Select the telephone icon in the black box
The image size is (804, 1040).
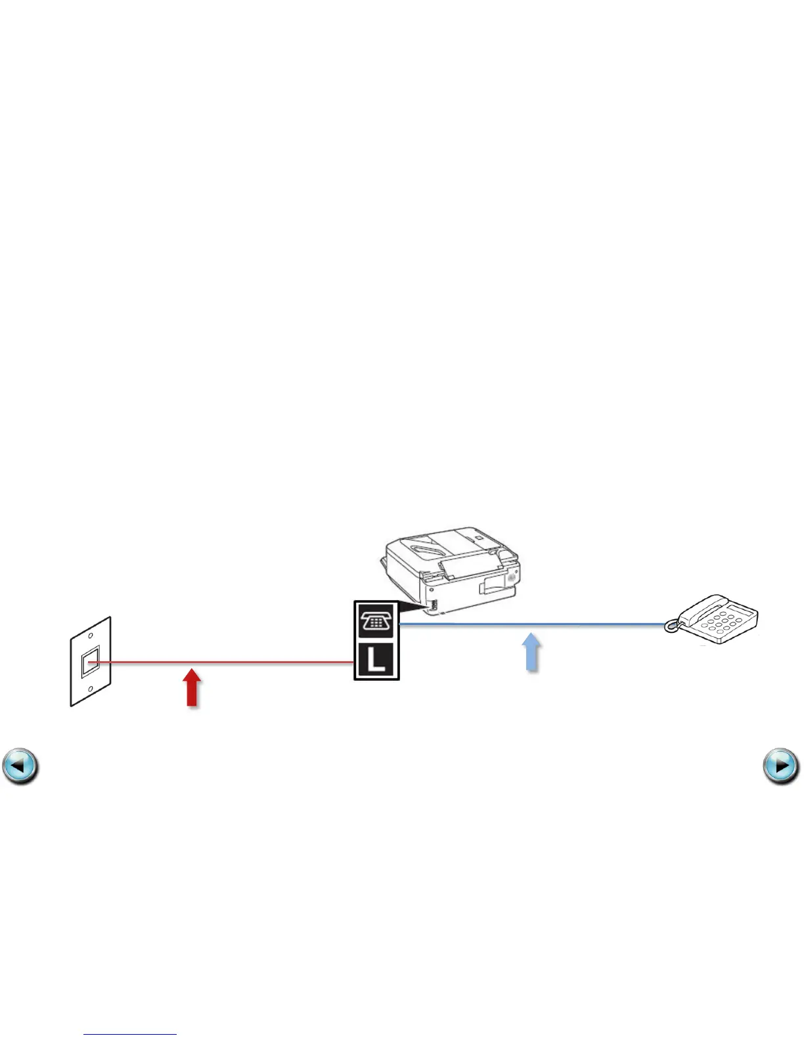coord(376,620)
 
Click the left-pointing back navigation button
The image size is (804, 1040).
coord(20,766)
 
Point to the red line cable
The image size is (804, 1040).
coord(263,662)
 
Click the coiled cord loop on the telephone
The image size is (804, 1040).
coord(671,627)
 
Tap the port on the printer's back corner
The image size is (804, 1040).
coord(432,605)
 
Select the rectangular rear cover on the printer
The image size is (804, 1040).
coord(493,584)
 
